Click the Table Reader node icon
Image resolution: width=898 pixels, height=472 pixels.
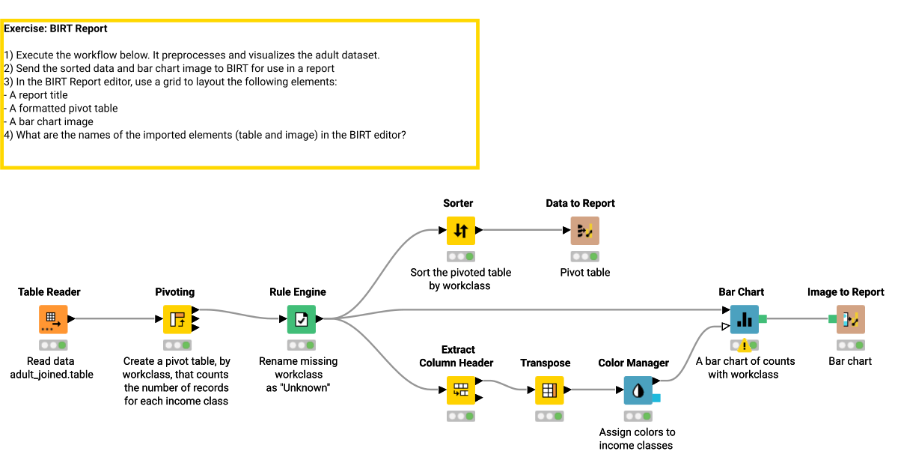tap(53, 319)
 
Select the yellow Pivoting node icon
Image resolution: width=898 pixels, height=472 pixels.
tap(177, 319)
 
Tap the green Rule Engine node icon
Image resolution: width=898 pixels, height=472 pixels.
tap(302, 319)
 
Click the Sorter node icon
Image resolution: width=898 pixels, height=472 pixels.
tap(461, 231)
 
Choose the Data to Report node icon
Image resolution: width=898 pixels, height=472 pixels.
tap(584, 231)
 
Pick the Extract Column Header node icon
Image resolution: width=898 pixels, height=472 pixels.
tap(461, 390)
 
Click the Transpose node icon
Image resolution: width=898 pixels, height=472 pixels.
tap(549, 390)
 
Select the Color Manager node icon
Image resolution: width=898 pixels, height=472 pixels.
tap(638, 390)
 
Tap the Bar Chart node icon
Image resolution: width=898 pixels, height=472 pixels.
tap(745, 319)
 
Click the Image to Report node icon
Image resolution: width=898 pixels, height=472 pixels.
tap(850, 319)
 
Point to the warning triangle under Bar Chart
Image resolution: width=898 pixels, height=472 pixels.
tap(745, 346)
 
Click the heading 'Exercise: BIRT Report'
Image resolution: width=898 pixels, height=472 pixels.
tap(56, 29)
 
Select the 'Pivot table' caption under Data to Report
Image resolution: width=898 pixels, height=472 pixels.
tap(584, 273)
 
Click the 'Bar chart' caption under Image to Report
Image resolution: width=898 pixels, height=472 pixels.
tap(850, 361)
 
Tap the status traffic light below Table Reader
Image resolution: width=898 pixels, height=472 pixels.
tap(53, 345)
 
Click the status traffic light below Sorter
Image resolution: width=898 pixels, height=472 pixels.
tap(461, 257)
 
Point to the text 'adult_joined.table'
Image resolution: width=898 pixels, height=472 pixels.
tap(52, 375)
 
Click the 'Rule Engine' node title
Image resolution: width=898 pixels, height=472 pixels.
tap(298, 292)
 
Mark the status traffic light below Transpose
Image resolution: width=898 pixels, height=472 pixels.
tap(549, 416)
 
